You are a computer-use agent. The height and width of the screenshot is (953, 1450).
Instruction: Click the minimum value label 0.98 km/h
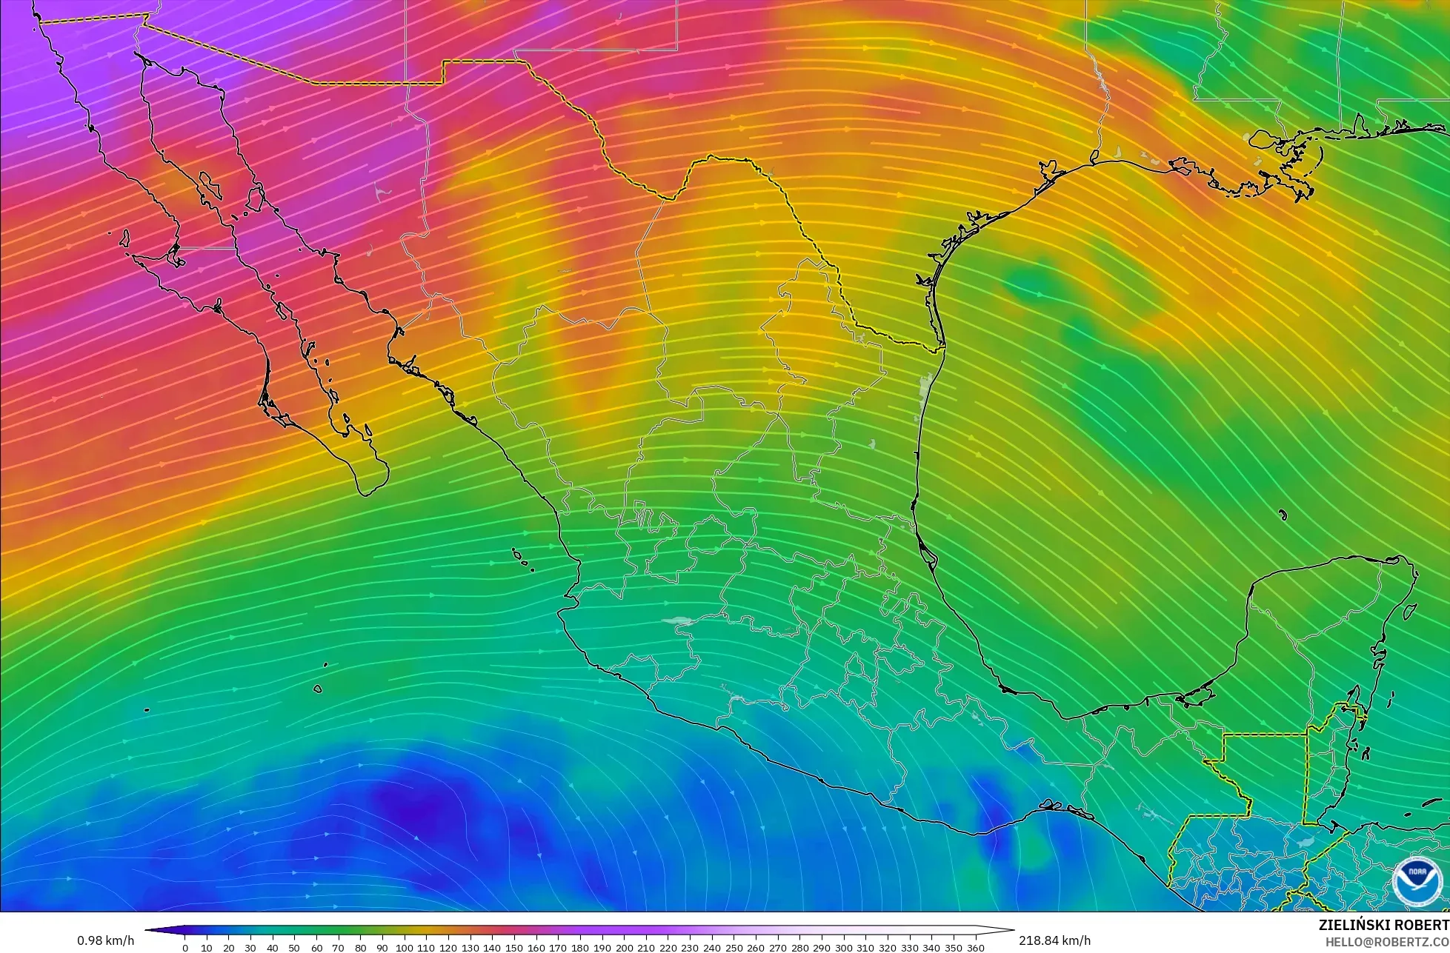pos(105,940)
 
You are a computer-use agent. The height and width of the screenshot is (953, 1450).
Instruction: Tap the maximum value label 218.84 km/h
pos(1054,940)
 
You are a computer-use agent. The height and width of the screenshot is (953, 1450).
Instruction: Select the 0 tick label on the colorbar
pos(184,947)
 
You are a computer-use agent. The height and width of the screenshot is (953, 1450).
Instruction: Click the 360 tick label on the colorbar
pos(976,947)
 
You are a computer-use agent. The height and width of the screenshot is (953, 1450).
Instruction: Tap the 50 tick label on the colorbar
pos(294,947)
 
